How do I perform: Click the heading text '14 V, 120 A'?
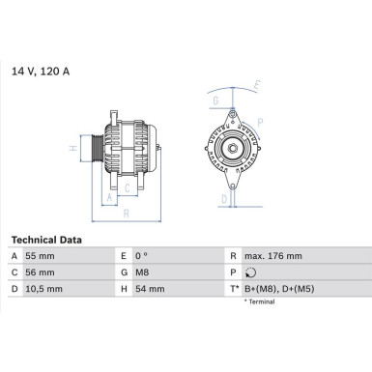click(40, 71)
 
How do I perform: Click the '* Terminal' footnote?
click(258, 302)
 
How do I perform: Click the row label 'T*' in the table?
click(233, 288)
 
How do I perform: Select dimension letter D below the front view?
click(223, 200)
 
